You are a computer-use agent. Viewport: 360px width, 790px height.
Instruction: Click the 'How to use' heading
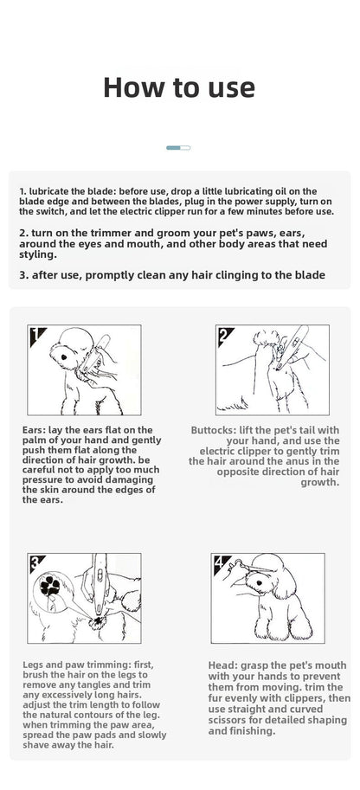pyautogui.click(x=179, y=87)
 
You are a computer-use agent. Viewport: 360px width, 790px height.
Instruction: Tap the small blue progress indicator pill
pyautogui.click(x=178, y=148)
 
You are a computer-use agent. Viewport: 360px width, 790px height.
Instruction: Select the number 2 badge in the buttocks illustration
pyautogui.click(x=224, y=335)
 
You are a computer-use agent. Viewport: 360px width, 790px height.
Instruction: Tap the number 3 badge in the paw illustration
pyautogui.click(x=36, y=562)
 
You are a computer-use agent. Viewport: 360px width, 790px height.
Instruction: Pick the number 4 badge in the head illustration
pyautogui.click(x=220, y=562)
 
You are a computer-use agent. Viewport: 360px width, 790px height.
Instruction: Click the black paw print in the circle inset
pyautogui.click(x=50, y=586)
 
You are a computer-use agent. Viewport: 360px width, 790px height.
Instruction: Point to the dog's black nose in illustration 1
pyautogui.click(x=64, y=357)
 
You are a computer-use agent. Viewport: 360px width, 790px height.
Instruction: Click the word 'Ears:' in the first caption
pyautogui.click(x=35, y=430)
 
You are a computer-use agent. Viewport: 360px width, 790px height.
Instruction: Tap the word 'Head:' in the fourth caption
pyautogui.click(x=221, y=665)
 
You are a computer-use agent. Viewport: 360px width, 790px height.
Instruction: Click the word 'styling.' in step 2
pyautogui.click(x=38, y=255)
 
